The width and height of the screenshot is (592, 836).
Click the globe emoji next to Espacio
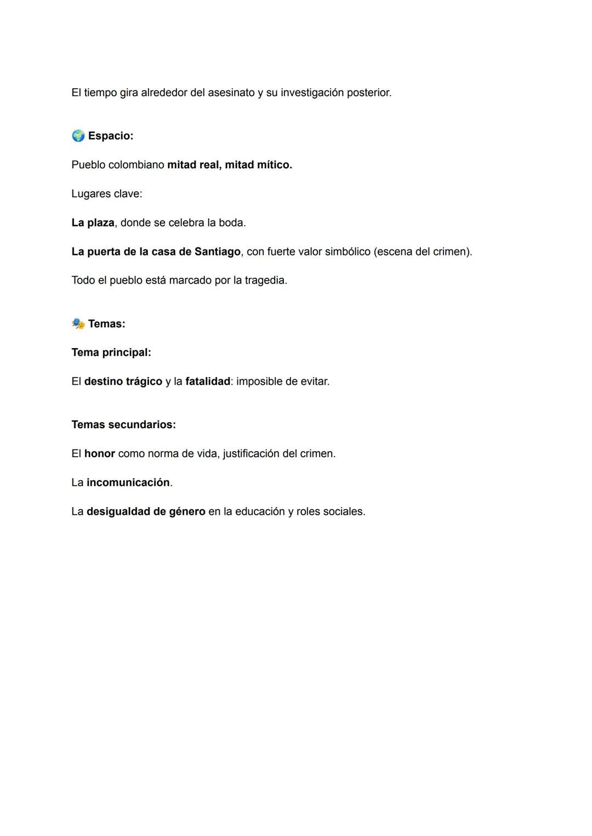pos(78,135)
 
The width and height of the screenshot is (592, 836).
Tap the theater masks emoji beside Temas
pos(78,323)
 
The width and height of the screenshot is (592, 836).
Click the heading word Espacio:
pos(111,135)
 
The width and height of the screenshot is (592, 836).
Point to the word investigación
pos(312,93)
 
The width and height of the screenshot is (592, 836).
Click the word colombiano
pos(136,164)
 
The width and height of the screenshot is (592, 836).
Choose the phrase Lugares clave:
pos(107,194)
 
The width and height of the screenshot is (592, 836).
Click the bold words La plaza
pos(93,223)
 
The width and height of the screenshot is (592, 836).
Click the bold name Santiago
pos(217,252)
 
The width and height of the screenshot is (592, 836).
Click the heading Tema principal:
pos(111,352)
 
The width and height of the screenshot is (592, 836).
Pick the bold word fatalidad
pos(208,381)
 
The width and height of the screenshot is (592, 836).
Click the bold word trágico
pos(140,381)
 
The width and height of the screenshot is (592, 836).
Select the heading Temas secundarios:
pos(124,425)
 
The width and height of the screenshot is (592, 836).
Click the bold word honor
pos(100,453)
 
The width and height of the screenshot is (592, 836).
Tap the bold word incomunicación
pos(128,482)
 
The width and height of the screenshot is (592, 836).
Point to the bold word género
pos(187,511)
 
